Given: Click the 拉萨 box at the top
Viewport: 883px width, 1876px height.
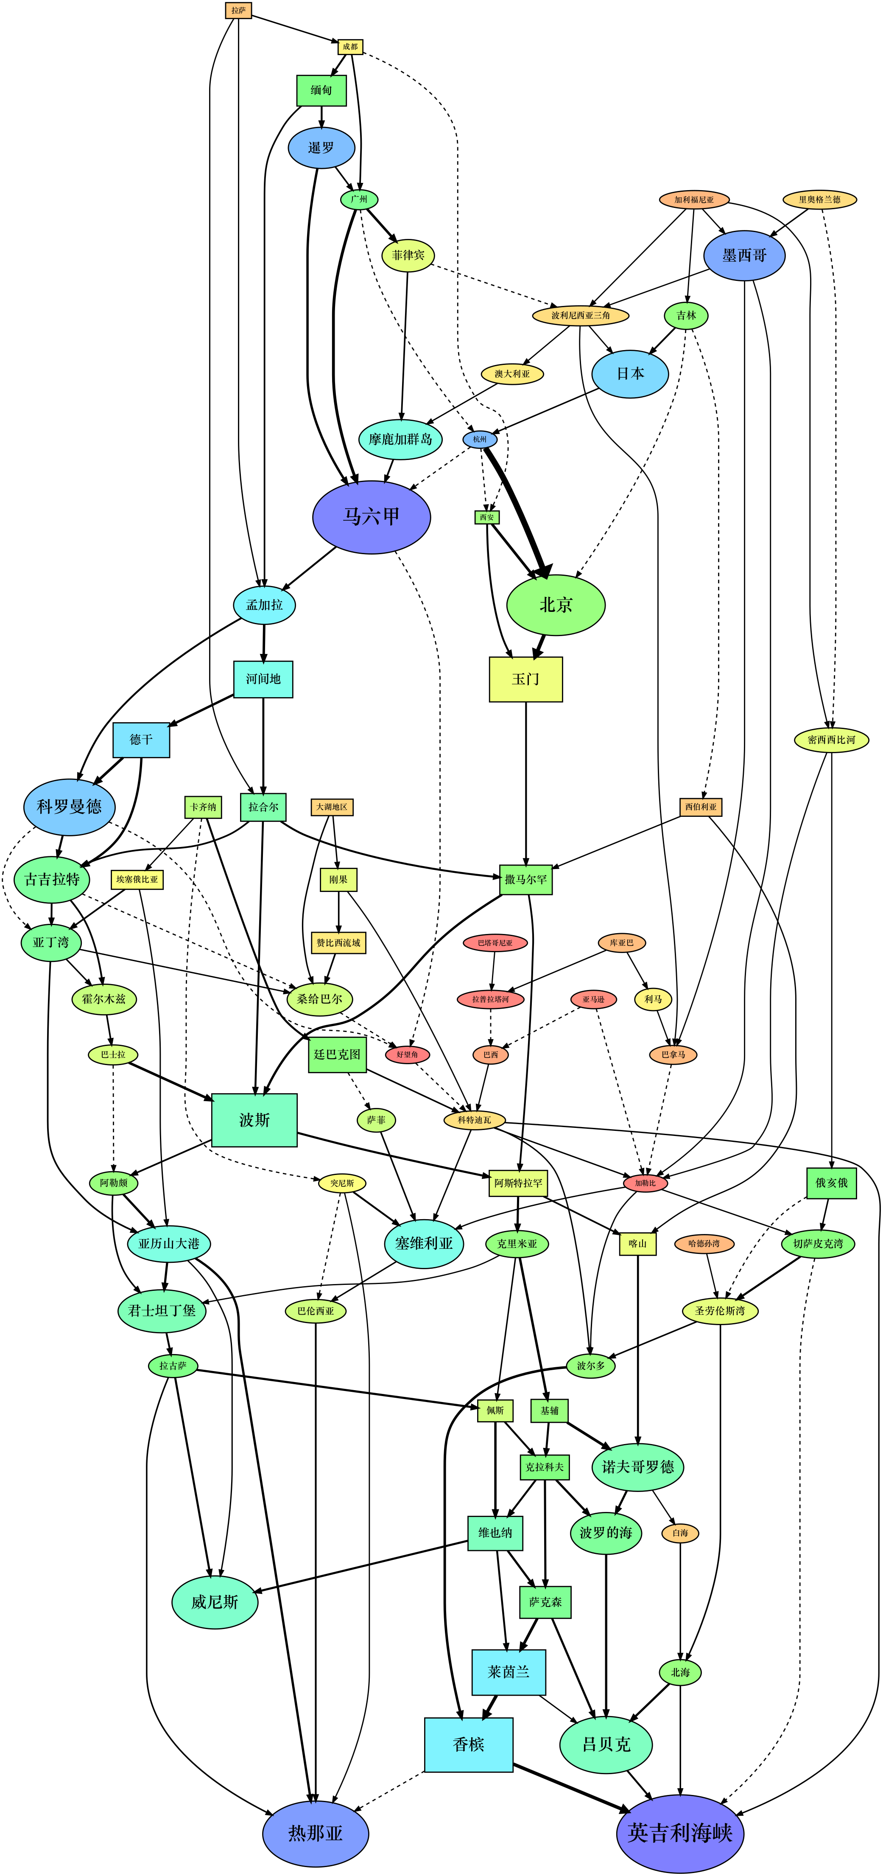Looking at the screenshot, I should (x=238, y=10).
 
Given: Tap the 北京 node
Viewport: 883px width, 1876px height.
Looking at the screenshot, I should (x=556, y=604).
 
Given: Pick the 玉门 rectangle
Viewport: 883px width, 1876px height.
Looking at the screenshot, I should (x=525, y=679).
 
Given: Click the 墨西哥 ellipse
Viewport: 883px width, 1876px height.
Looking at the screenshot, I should (x=744, y=255).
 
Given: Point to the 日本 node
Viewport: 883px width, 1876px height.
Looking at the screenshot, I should (x=630, y=373).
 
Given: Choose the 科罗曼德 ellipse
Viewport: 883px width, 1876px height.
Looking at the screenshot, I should (x=69, y=806).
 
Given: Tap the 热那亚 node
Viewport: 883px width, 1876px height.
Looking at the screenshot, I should (x=315, y=1833).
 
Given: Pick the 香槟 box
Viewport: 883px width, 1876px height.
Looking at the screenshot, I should (x=468, y=1744).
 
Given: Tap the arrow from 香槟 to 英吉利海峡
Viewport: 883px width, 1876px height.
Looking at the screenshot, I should (x=571, y=1787).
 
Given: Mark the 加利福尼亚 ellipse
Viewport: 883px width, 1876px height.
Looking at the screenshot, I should (x=694, y=199).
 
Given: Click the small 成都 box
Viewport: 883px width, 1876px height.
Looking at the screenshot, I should (x=350, y=47).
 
